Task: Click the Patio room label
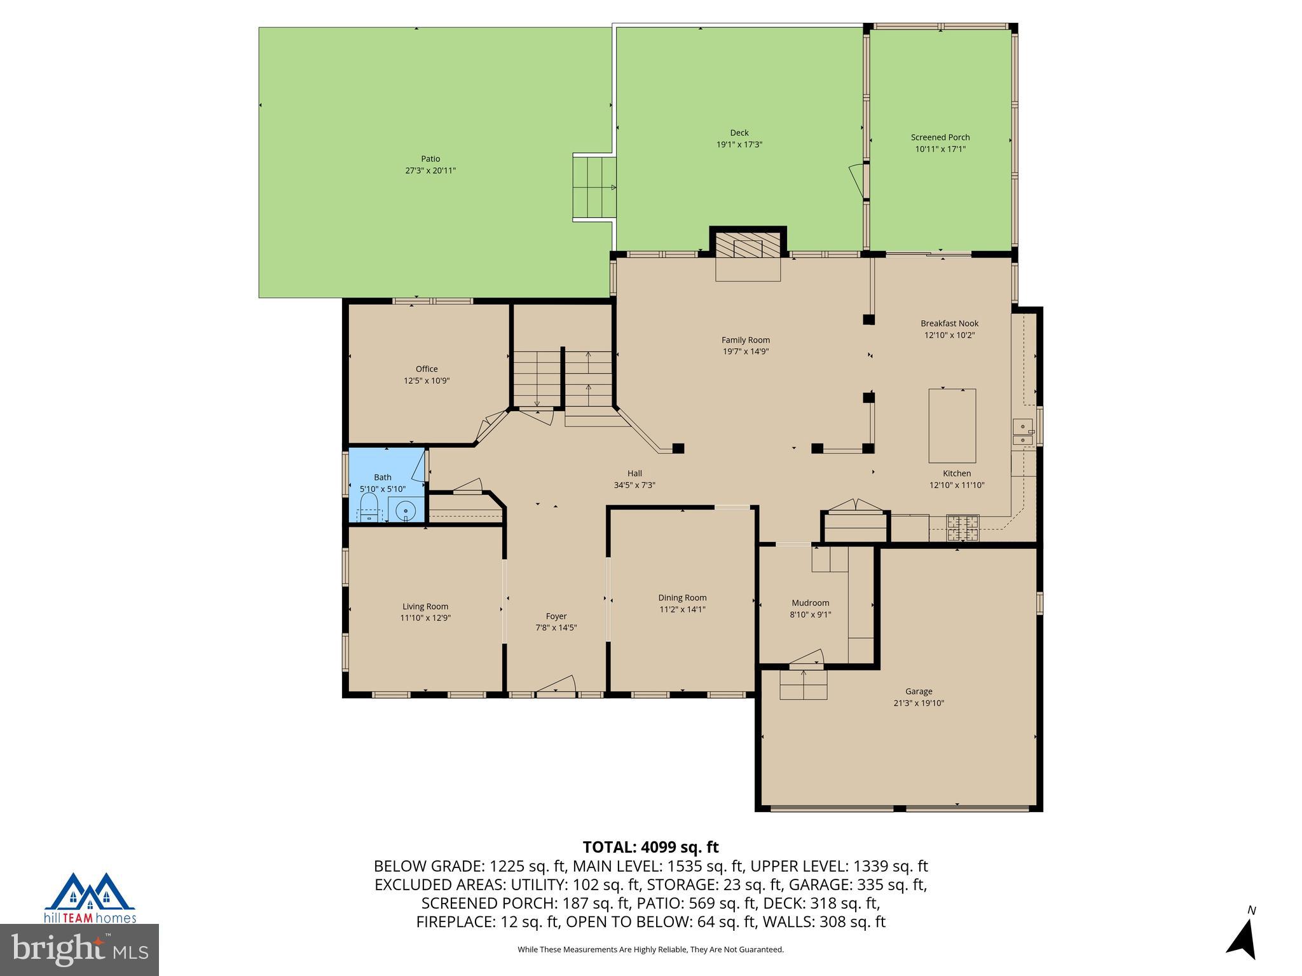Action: pyautogui.click(x=430, y=159)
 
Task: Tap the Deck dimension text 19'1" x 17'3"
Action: pyautogui.click(x=739, y=145)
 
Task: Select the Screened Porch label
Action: pyautogui.click(x=940, y=137)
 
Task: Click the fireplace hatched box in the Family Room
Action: pyautogui.click(x=748, y=245)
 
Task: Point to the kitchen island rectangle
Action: pyautogui.click(x=952, y=426)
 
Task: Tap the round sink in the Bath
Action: pyautogui.click(x=405, y=511)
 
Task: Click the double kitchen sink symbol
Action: pyautogui.click(x=1022, y=431)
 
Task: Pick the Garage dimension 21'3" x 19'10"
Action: pyautogui.click(x=918, y=703)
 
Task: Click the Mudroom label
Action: pyautogui.click(x=810, y=603)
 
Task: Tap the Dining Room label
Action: pyautogui.click(x=682, y=598)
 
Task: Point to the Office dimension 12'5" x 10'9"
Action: pyautogui.click(x=427, y=381)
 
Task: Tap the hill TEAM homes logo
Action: pyautogui.click(x=90, y=898)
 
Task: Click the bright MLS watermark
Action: pyautogui.click(x=79, y=949)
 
